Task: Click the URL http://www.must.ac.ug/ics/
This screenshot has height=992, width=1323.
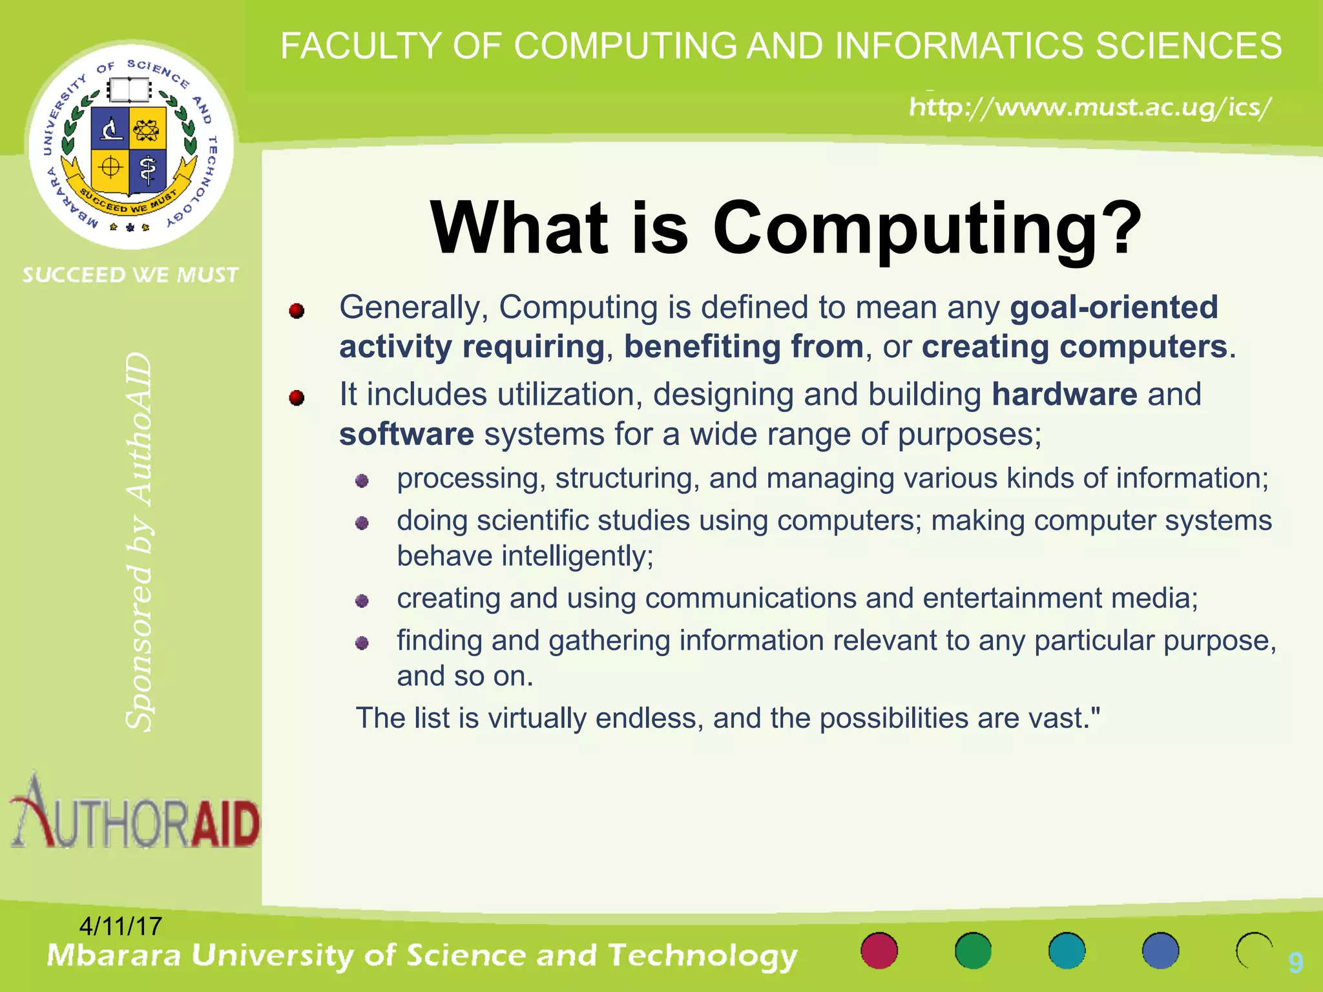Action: [x=1090, y=107]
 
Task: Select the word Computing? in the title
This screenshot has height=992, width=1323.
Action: [x=928, y=229]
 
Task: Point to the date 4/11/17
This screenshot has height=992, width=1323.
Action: [x=120, y=927]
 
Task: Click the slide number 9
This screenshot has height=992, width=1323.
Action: [x=1295, y=962]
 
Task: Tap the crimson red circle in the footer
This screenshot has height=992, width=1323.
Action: [x=879, y=951]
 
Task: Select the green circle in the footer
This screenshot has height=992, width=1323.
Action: [x=973, y=951]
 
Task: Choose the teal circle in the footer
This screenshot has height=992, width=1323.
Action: [x=1067, y=951]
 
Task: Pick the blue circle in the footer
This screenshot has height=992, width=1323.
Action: [x=1160, y=951]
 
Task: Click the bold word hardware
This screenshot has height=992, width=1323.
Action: [x=1064, y=395]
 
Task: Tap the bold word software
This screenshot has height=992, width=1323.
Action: [x=406, y=435]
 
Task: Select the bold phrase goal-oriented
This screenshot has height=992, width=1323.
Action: [x=1114, y=307]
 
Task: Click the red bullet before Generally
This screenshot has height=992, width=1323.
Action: [x=297, y=311]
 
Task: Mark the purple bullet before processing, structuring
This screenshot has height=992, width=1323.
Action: [x=362, y=480]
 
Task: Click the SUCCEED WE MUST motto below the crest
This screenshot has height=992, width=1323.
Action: [x=130, y=275]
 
